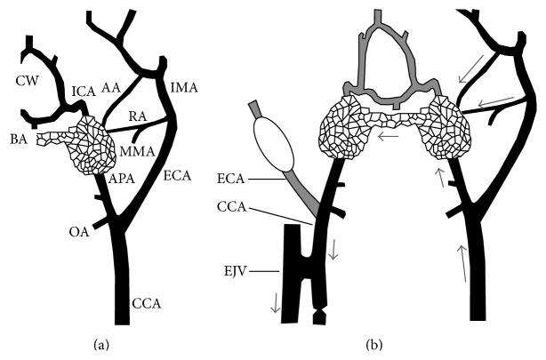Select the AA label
pos(111,86)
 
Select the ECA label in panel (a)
pos(178,177)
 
